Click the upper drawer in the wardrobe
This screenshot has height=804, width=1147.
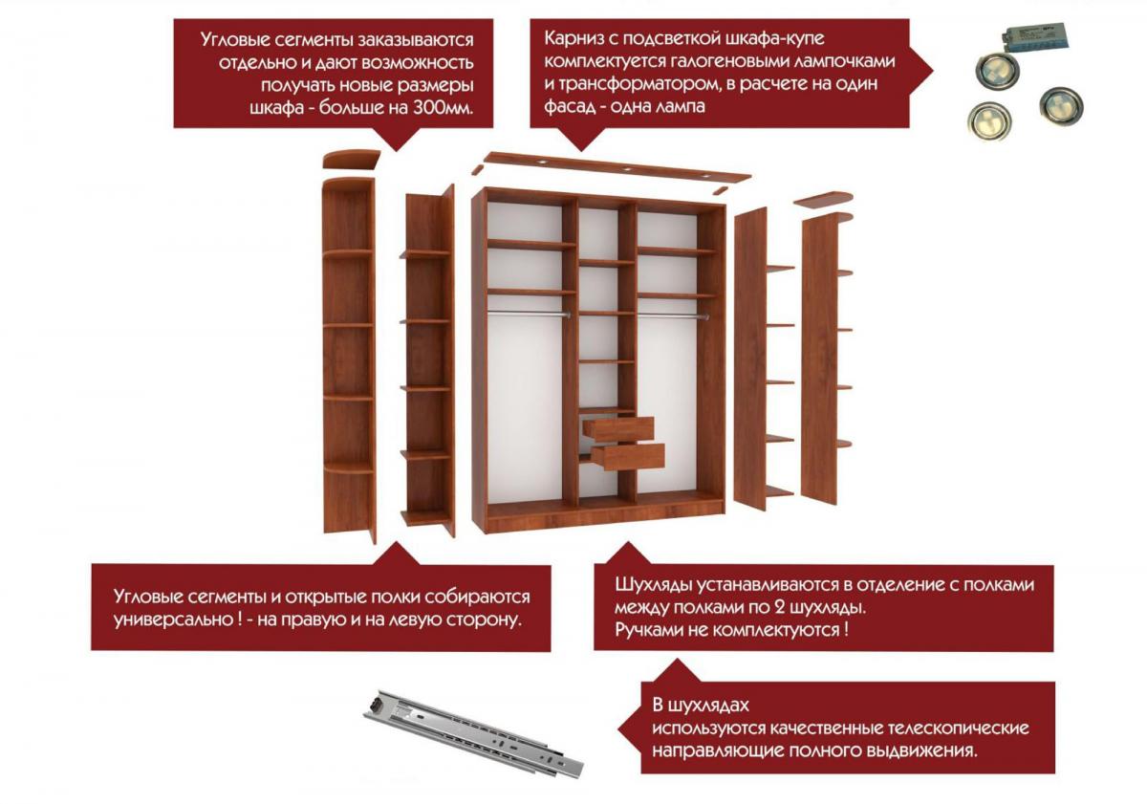[x=618, y=428]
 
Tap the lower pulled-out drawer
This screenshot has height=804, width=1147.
[x=628, y=456]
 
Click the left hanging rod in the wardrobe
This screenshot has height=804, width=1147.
[x=528, y=313]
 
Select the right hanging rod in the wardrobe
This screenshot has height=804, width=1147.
[x=673, y=316]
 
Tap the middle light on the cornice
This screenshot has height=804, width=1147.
[x=626, y=168]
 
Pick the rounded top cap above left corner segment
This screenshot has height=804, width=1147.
[x=352, y=159]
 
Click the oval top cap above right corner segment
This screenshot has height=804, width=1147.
[x=824, y=199]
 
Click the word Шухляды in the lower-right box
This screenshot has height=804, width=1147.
[x=653, y=585]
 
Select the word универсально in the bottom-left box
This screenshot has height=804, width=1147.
[x=174, y=619]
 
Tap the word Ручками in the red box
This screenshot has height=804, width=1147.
[x=649, y=629]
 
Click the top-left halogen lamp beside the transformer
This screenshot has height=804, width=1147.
[x=997, y=69]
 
